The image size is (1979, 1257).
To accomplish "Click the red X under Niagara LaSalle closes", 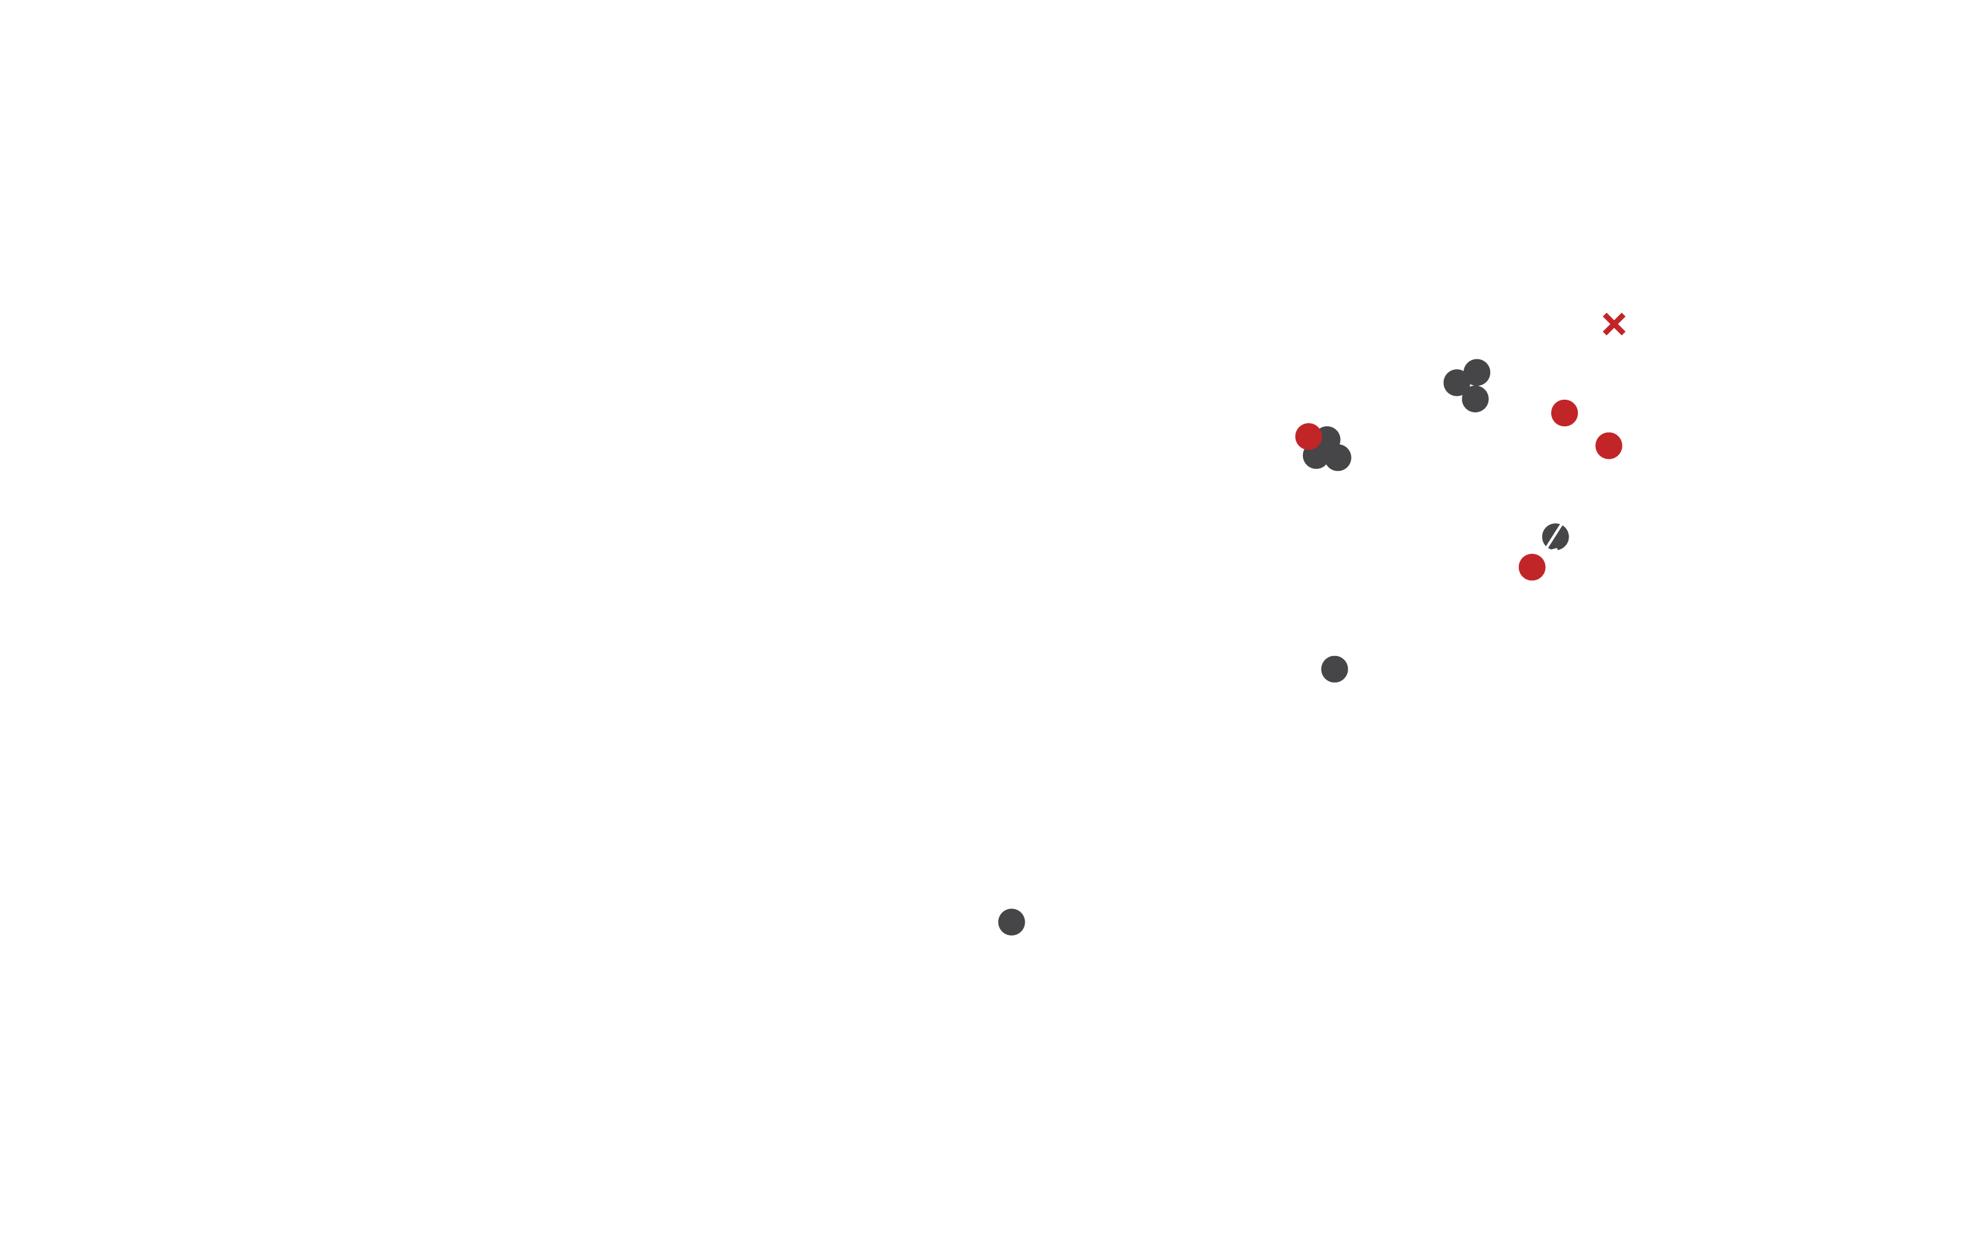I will (1614, 325).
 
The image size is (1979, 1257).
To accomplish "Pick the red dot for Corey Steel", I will (1308, 436).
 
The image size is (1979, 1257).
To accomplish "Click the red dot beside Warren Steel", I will (1564, 412).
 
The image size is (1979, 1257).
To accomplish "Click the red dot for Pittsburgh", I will (1608, 446).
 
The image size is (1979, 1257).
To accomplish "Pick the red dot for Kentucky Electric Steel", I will (1532, 567).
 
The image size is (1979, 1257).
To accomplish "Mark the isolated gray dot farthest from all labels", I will (1011, 922).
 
